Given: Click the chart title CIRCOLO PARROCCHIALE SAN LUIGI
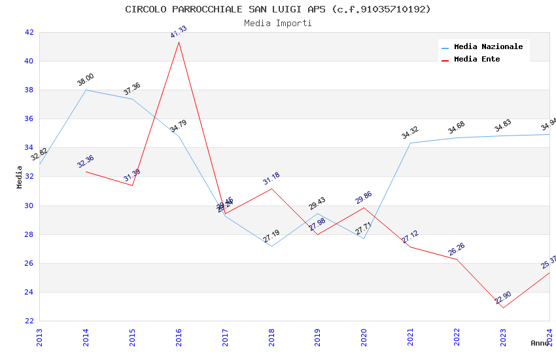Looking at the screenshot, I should (277, 9).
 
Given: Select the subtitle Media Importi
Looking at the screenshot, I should (277, 23).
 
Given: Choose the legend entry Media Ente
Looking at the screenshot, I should (477, 59).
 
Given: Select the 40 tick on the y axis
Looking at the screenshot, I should (29, 61).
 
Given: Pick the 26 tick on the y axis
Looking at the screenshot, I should (29, 263).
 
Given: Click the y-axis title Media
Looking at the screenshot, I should (20, 177).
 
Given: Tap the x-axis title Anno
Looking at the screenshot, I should (540, 343).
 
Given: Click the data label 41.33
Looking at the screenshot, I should (179, 31).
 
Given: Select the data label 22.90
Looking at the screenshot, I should (502, 298).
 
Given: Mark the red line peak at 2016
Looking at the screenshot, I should (179, 42).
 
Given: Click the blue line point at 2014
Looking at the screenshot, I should (86, 90).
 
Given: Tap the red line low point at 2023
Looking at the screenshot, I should (502, 308).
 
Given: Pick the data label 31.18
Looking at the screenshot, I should (271, 178).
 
